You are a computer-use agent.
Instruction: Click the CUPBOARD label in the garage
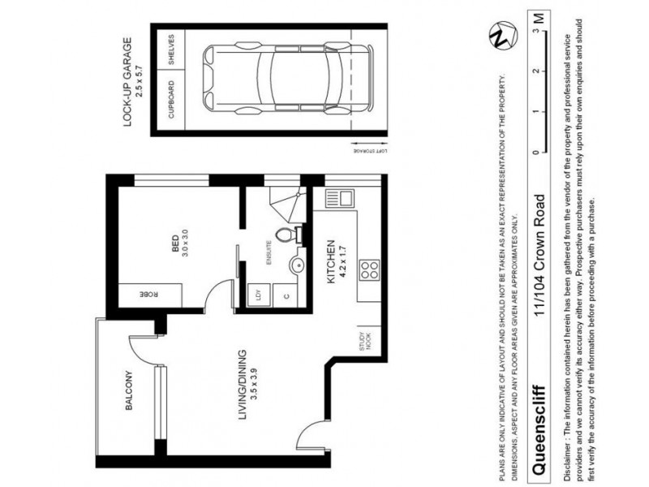pos(173,100)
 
